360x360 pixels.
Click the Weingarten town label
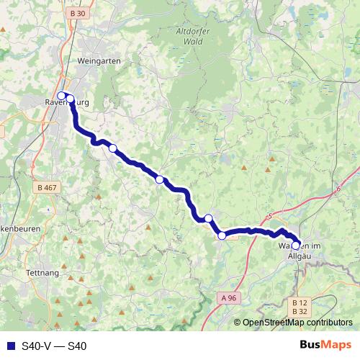point(102,61)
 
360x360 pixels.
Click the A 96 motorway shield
point(228,297)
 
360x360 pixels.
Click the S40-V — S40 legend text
point(54,346)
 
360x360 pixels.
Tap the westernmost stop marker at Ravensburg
point(62,95)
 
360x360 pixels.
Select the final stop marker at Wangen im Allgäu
point(296,246)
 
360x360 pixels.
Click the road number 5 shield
point(269,216)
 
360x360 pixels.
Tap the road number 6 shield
point(336,189)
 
